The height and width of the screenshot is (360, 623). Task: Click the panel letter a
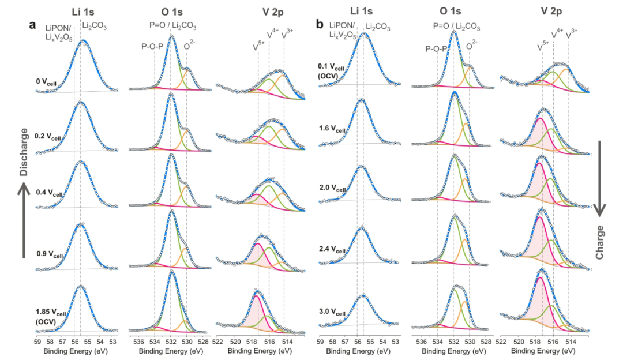(x=33, y=25)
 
